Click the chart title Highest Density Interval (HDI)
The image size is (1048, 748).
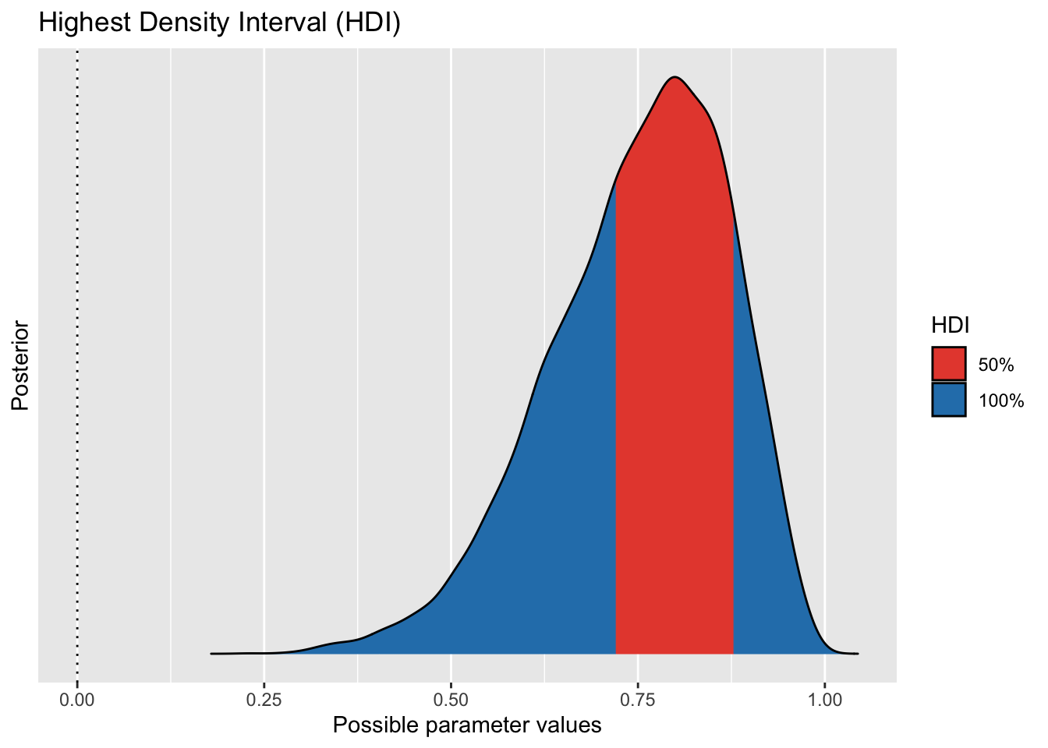[x=219, y=23]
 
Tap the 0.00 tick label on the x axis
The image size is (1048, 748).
[x=76, y=699]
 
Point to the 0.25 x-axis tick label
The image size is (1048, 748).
[x=264, y=699]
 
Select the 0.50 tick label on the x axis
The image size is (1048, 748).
[x=451, y=699]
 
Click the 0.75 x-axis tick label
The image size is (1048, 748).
[x=638, y=699]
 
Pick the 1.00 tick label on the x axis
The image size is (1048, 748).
[x=825, y=699]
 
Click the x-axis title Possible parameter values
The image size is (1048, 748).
[x=467, y=725]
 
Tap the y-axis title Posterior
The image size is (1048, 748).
[x=20, y=365]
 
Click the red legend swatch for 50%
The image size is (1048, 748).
[x=948, y=364]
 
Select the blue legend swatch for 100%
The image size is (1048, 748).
[x=948, y=400]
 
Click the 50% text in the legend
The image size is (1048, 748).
[x=995, y=365]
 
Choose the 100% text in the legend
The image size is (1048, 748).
[x=1000, y=401]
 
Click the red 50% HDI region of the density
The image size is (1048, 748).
[x=674, y=390]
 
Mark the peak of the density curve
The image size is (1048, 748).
[x=675, y=77]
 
